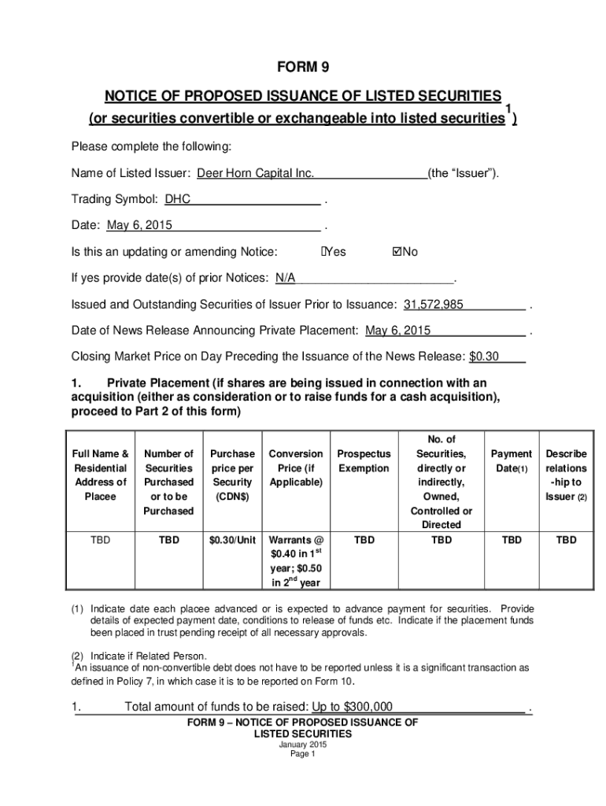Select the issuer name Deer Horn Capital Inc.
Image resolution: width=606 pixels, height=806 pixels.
point(255,173)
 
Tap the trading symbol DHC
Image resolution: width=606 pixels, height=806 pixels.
point(178,199)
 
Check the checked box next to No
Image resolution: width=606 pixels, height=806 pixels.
point(397,252)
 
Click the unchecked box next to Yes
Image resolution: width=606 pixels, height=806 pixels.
point(323,252)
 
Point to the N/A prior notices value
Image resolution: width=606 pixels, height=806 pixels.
point(285,278)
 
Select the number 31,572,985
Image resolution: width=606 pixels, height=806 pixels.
point(434,305)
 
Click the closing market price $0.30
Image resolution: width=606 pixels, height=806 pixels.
point(484,356)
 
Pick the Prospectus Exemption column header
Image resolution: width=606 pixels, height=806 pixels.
point(364,461)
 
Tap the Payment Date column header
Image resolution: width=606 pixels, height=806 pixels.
point(511,461)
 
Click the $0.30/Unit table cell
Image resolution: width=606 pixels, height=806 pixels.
point(232,540)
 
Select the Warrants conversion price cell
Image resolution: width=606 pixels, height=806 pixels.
point(296,561)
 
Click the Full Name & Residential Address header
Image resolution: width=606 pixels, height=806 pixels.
point(100,475)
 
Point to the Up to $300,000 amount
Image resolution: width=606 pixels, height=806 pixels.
point(353,707)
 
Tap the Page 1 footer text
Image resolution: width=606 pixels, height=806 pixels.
point(303,754)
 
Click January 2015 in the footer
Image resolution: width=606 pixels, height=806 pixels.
point(303,745)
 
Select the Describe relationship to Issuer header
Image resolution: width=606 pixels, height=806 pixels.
point(566,475)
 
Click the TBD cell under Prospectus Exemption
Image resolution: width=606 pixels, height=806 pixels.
point(364,540)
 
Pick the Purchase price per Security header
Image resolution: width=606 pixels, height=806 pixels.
point(232,475)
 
